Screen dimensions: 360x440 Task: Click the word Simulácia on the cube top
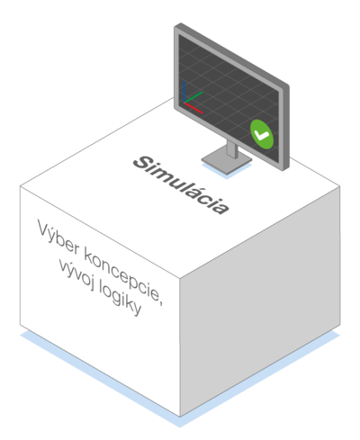(x=181, y=184)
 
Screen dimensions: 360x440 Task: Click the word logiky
(x=120, y=301)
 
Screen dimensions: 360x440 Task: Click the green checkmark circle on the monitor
(x=262, y=134)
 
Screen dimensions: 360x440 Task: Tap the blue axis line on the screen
(x=184, y=92)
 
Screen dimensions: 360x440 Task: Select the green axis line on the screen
(x=193, y=97)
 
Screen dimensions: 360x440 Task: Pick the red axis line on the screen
(x=193, y=108)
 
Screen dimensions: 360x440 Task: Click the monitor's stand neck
(x=232, y=149)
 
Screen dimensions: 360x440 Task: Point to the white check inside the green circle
(x=261, y=135)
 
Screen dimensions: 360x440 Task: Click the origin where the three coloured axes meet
(x=184, y=103)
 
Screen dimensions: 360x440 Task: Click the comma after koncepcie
(x=161, y=302)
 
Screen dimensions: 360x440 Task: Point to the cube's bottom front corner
(x=180, y=417)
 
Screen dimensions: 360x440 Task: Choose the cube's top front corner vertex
(x=180, y=278)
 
